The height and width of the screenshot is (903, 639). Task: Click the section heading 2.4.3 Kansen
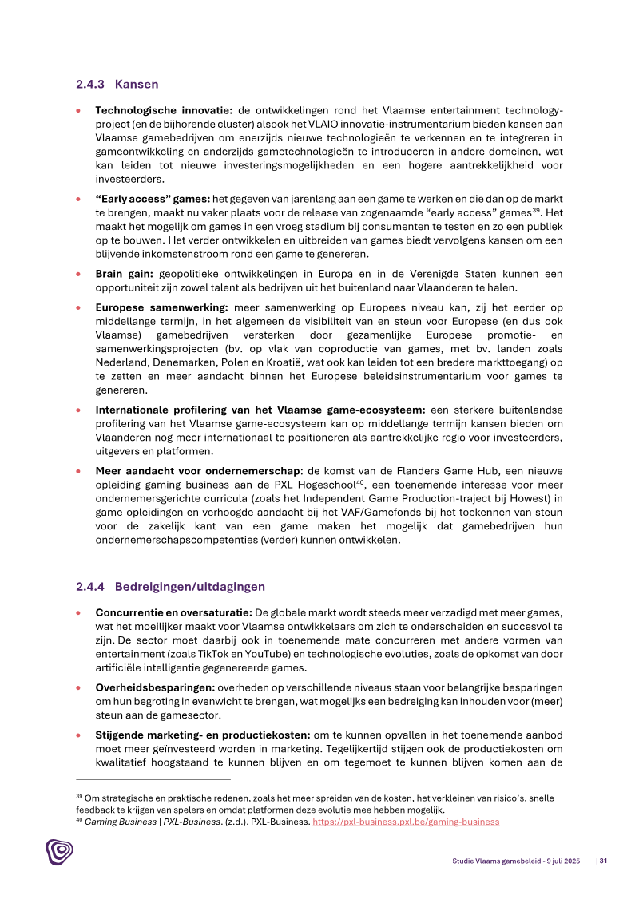117,84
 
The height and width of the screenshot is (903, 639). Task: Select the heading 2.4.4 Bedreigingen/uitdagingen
170,587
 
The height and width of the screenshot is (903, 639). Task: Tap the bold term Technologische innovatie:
164,110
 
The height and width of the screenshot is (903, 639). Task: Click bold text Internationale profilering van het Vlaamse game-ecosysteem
260,410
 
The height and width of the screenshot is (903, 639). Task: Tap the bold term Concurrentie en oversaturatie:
173,612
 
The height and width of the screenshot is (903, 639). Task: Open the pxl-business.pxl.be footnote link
406,822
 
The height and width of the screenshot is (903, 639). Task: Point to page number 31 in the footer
603,861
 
